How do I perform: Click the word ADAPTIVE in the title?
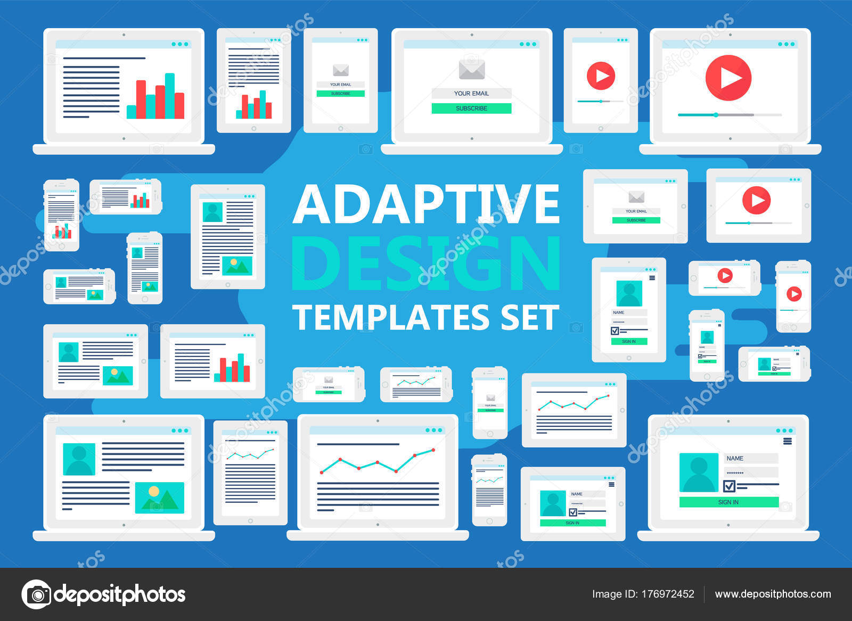coord(426,204)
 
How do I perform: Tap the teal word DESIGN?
coord(426,263)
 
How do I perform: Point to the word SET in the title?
coord(530,318)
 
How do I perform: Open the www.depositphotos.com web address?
coord(773,594)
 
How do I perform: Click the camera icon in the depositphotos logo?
coord(36,594)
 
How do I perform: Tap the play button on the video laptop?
coord(728,78)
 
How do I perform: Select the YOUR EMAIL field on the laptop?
coord(471,93)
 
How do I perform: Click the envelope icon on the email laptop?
coord(471,69)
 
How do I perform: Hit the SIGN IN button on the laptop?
coord(728,502)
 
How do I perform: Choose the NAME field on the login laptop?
coord(750,458)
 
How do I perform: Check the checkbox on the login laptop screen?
coord(730,486)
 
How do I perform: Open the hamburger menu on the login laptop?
coord(788,441)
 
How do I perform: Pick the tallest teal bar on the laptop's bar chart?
coord(170,96)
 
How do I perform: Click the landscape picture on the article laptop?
coord(159,498)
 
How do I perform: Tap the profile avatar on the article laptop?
coord(79,459)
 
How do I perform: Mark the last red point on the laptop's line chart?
coord(433,450)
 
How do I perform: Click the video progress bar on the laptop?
coord(730,115)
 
